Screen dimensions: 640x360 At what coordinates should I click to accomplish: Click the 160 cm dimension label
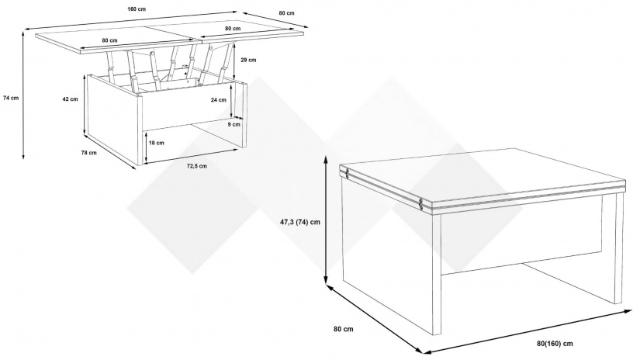coord(137,9)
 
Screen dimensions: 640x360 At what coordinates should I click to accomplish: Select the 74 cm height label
coord(11,98)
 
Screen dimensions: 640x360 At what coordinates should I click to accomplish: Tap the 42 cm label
coord(70,99)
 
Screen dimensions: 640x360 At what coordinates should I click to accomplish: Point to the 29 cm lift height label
coord(248,60)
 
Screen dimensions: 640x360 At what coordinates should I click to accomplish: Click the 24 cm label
coord(218,100)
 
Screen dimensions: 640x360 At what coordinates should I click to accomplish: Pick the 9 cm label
coord(234,124)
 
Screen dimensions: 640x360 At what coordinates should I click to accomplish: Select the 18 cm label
coord(156,143)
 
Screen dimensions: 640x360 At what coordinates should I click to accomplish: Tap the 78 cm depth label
coord(89,153)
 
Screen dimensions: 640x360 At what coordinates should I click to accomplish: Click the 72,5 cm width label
coord(197,166)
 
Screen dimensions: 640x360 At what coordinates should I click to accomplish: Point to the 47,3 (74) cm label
coord(299,222)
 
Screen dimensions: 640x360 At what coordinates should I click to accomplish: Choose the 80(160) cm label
coord(555,343)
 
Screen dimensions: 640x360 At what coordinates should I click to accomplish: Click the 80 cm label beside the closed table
coord(343,329)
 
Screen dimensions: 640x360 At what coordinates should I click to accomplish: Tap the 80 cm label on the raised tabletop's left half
coord(110,40)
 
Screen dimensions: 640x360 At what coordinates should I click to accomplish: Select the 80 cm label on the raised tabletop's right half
coord(233,29)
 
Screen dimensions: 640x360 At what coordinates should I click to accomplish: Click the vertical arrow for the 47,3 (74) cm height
coord(326,220)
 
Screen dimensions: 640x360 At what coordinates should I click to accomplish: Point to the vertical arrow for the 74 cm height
coord(22,95)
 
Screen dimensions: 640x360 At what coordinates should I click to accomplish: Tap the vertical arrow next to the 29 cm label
coord(235,61)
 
